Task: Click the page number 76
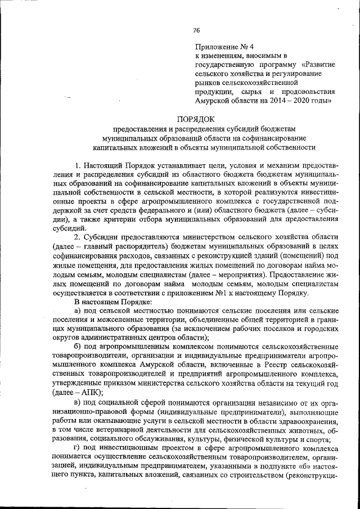pos(196,30)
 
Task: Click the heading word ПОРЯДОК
pos(196,119)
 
